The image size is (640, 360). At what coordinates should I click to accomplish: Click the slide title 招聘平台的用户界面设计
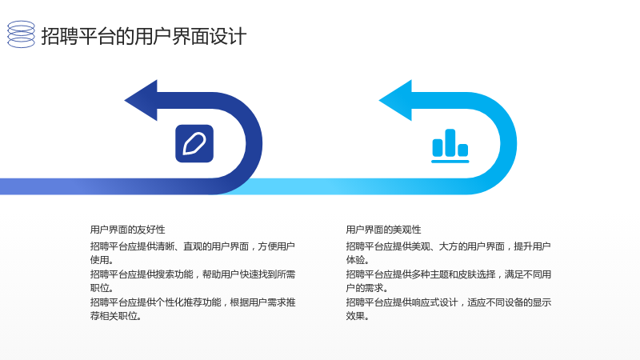click(x=144, y=36)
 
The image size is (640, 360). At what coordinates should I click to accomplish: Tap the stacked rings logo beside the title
click(x=22, y=34)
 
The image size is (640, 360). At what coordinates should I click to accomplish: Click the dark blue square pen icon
click(x=194, y=144)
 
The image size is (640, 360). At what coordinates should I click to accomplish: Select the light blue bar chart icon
click(x=450, y=146)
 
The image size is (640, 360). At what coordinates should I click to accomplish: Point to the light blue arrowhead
click(x=396, y=101)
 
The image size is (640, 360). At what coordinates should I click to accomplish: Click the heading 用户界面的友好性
click(x=128, y=230)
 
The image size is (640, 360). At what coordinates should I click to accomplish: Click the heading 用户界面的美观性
click(x=384, y=230)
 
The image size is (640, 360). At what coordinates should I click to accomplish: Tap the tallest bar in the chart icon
click(x=450, y=142)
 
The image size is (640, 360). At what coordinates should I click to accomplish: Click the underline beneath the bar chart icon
click(x=450, y=162)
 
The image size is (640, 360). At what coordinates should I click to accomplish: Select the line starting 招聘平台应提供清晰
click(x=193, y=246)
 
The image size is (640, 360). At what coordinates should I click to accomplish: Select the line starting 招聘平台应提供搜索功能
click(x=193, y=274)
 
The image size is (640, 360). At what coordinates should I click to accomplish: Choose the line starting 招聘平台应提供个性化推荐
click(x=193, y=302)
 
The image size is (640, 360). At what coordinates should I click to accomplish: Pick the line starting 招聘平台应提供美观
click(x=449, y=246)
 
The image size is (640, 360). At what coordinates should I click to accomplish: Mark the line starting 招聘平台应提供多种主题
click(x=449, y=274)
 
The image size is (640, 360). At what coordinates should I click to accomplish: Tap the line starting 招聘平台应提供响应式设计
click(x=449, y=302)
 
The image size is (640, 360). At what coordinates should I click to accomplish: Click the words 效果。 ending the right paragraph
click(x=358, y=316)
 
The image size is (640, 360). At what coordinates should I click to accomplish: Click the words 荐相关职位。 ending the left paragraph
click(x=116, y=316)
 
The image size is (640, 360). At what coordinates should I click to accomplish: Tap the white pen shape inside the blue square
click(x=194, y=144)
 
